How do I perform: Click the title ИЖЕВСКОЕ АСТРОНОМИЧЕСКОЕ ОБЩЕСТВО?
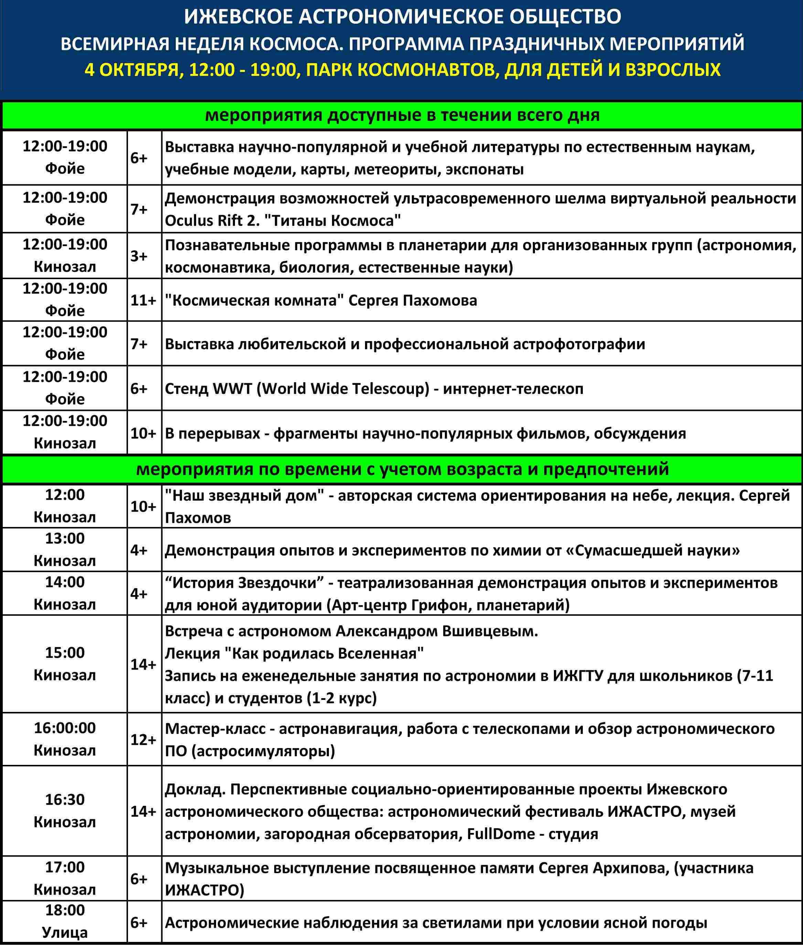[403, 17]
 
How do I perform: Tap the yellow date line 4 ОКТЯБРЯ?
[403, 70]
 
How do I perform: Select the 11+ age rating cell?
[143, 300]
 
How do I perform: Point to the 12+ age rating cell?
[143, 739]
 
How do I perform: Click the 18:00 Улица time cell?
[65, 921]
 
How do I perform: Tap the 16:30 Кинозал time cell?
[65, 810]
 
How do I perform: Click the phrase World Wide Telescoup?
[343, 389]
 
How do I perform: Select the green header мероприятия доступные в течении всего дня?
[403, 116]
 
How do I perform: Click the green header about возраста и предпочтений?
[403, 469]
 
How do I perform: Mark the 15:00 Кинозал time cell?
[65, 663]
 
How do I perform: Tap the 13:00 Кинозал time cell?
[65, 549]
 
